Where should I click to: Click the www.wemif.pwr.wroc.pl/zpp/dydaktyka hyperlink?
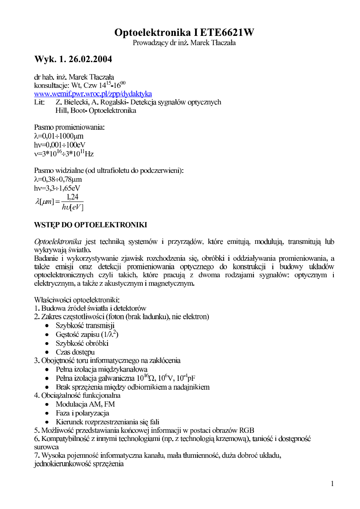pyautogui.click(x=93, y=93)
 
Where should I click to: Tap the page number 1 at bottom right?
pyautogui.click(x=332, y=484)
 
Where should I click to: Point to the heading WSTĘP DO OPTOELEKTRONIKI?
pyautogui.click(x=90, y=225)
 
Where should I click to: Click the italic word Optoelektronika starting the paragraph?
pyautogui.click(x=58, y=242)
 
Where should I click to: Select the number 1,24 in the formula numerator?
pyautogui.click(x=73, y=197)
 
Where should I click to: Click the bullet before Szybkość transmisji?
pyautogui.click(x=48, y=326)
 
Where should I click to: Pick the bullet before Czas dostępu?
pyautogui.click(x=48, y=352)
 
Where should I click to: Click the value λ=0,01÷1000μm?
pyautogui.click(x=59, y=136)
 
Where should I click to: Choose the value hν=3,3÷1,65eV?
pyautogui.click(x=57, y=188)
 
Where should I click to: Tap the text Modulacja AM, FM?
pyautogui.click(x=85, y=404)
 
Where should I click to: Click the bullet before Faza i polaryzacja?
pyautogui.click(x=48, y=413)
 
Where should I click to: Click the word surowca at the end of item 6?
pyautogui.click(x=46, y=447)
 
